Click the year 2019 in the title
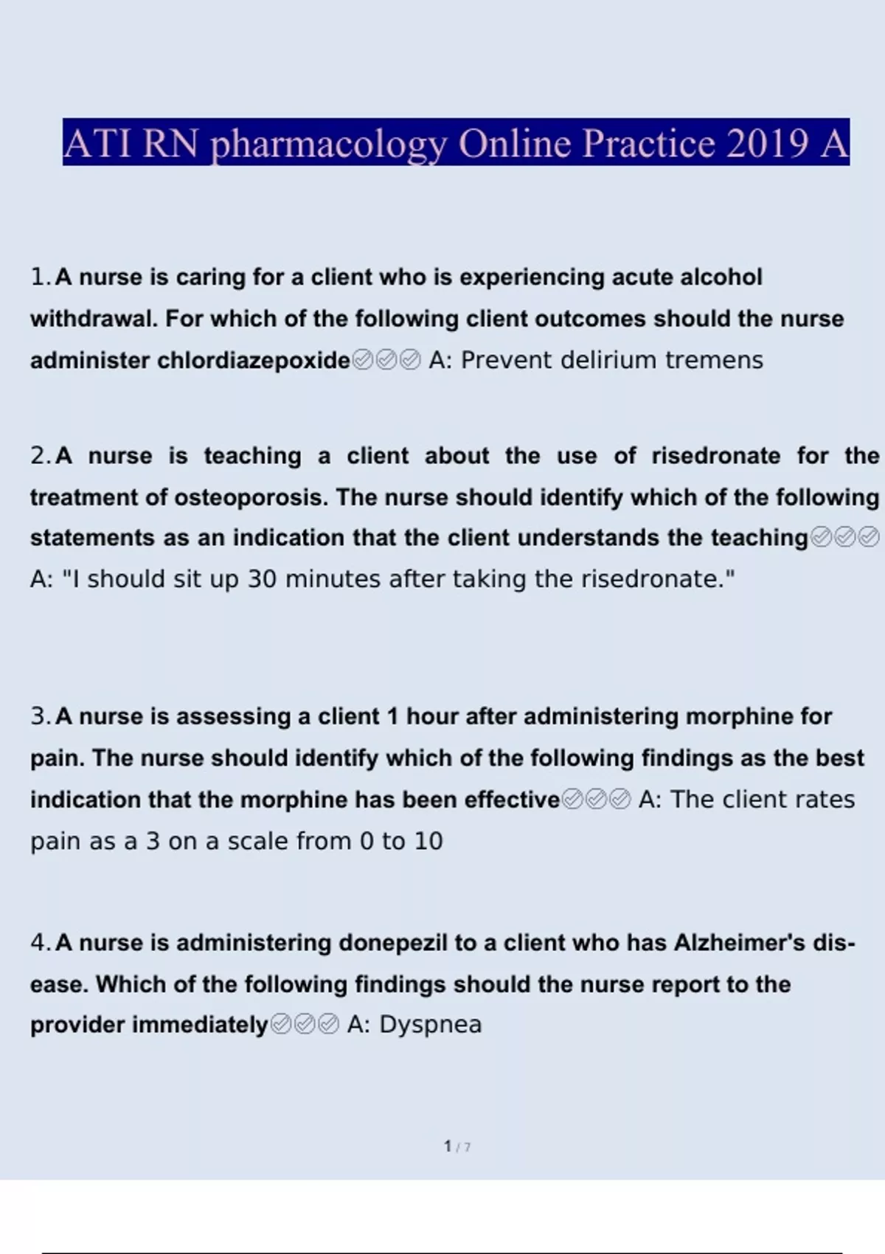pyautogui.click(x=767, y=143)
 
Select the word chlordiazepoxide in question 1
pyautogui.click(x=253, y=361)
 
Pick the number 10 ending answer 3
pyautogui.click(x=428, y=842)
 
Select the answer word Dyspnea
pyautogui.click(x=430, y=1025)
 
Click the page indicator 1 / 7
pyautogui.click(x=457, y=1147)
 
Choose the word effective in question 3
pyautogui.click(x=512, y=800)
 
